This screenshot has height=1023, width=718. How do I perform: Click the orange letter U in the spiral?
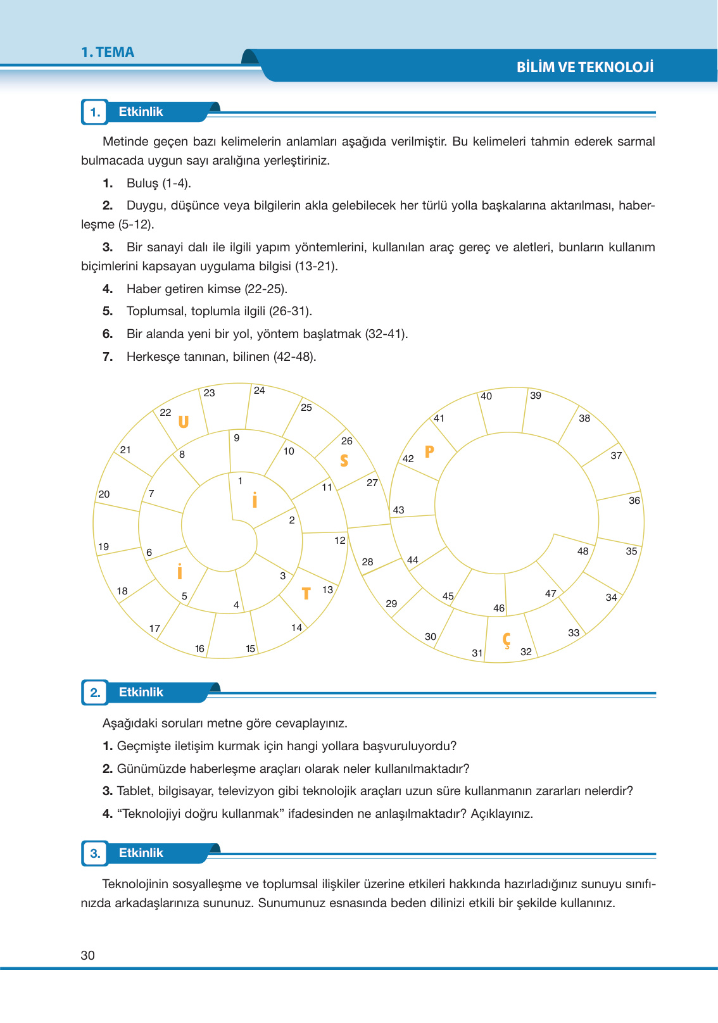click(x=184, y=422)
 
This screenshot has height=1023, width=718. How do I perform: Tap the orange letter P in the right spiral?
click(x=429, y=451)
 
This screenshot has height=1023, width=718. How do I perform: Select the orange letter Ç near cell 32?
click(x=507, y=640)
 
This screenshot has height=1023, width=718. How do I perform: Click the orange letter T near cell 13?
click(x=306, y=593)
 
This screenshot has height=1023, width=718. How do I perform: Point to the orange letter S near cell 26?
click(x=344, y=460)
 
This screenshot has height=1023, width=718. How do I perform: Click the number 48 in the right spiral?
click(x=583, y=551)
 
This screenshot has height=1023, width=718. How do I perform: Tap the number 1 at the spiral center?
click(x=240, y=481)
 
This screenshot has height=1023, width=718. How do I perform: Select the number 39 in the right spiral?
click(x=536, y=396)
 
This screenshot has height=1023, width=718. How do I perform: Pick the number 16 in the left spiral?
click(x=199, y=648)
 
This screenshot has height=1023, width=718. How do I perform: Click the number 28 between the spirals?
click(x=367, y=562)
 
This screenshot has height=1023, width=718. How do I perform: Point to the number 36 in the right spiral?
click(x=634, y=500)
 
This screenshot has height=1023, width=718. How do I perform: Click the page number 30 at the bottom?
click(x=88, y=955)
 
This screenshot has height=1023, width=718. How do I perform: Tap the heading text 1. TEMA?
click(x=108, y=53)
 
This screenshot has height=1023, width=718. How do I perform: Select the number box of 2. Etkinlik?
click(x=95, y=693)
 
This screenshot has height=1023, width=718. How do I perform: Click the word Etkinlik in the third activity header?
click(x=141, y=853)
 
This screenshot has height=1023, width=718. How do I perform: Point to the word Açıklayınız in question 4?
click(x=501, y=813)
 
